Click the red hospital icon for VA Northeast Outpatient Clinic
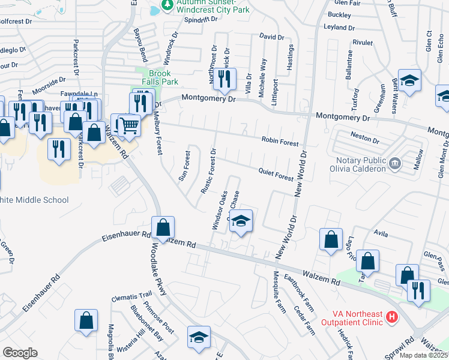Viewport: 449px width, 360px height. click(392, 316)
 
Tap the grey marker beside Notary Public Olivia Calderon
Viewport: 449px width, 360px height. click(395, 162)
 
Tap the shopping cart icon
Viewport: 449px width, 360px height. click(128, 125)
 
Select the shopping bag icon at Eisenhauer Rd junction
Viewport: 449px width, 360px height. click(163, 228)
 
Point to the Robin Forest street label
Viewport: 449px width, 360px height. click(280, 143)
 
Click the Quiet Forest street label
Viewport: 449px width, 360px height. click(276, 175)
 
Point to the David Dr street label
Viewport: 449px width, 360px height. click(271, 37)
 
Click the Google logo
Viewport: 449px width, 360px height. click(20, 353)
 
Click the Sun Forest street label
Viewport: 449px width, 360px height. click(184, 166)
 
